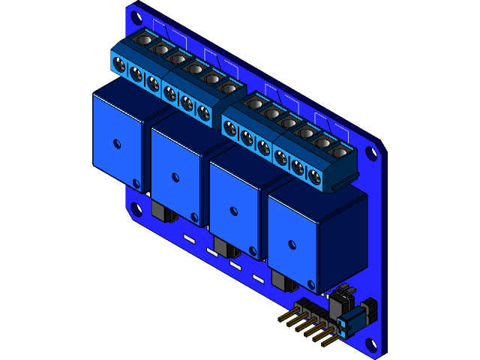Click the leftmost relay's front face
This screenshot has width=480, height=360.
116,142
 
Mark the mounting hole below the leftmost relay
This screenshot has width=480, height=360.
136,209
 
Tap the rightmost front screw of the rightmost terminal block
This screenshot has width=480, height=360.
315,177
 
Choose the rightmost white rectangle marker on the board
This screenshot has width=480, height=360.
258,279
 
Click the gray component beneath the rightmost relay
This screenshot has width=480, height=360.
283,282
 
